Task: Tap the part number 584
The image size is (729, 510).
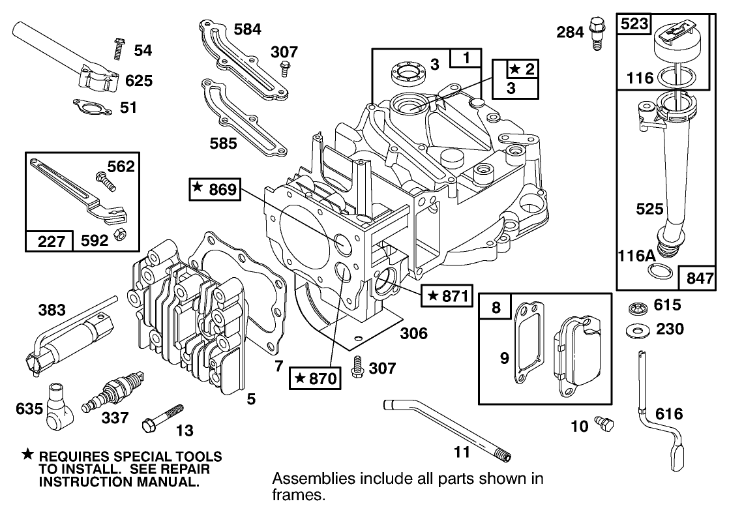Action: [248, 29]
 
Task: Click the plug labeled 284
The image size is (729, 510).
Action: [595, 32]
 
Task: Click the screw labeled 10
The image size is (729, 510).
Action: [606, 425]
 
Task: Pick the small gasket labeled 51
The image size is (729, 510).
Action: [91, 105]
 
